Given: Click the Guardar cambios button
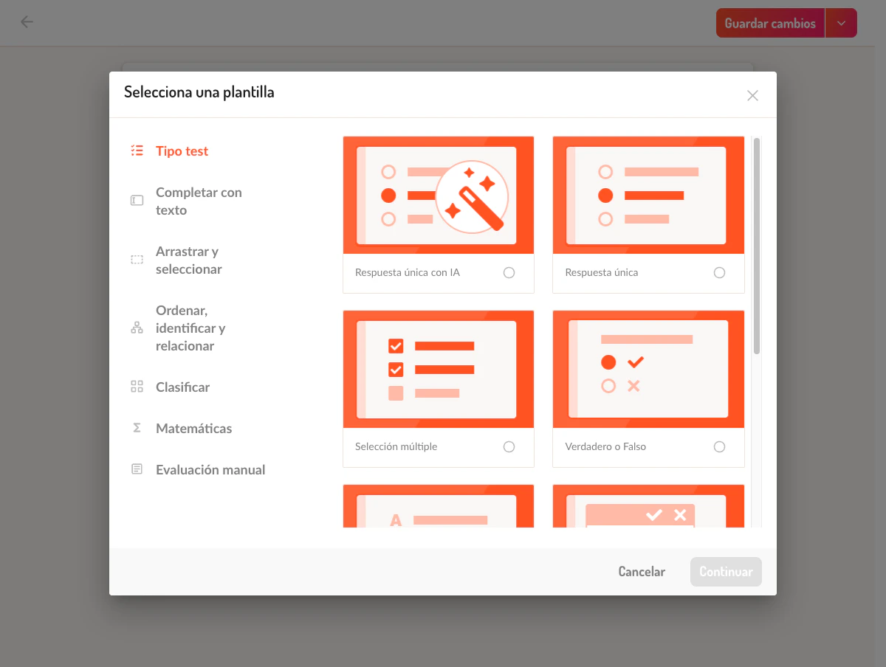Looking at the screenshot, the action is [770, 23].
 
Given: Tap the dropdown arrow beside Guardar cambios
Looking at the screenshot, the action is [841, 23].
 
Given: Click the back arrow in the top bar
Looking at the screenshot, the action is [27, 22].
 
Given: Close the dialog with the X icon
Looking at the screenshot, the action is [752, 96].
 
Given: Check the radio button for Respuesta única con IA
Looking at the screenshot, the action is [509, 272].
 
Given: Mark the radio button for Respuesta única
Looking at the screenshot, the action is [719, 272].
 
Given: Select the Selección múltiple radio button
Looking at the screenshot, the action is [509, 447].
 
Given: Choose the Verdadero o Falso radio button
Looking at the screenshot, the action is [719, 447].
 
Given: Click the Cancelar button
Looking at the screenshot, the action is [642, 571].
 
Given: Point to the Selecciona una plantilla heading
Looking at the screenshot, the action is [199, 92].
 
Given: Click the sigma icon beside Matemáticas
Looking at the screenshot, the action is [137, 428].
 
